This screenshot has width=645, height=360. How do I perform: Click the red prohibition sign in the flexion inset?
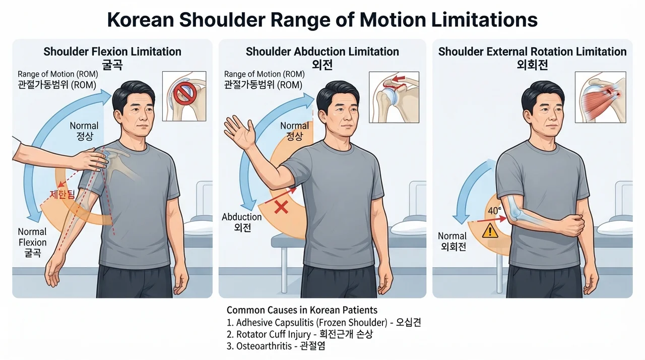184,93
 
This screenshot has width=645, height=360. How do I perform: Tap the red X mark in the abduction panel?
281,207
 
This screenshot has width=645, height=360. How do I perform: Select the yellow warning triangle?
490,231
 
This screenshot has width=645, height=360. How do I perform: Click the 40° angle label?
494,211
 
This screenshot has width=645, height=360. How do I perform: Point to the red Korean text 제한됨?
62,195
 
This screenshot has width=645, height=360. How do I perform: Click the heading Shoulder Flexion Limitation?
112,52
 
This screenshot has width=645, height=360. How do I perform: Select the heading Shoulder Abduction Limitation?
322,52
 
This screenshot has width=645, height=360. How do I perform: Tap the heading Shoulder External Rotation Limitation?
532,52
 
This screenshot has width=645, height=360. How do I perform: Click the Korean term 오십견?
409,322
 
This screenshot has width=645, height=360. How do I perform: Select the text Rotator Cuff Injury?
274,334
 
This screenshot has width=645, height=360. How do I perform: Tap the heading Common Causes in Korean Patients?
302,310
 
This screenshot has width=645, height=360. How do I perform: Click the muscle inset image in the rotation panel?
600,97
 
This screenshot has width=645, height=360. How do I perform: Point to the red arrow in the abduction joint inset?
399,78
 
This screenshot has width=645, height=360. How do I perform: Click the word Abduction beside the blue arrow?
241,217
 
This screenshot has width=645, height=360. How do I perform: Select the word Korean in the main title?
141,20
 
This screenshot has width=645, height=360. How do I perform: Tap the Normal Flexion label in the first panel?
32,237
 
